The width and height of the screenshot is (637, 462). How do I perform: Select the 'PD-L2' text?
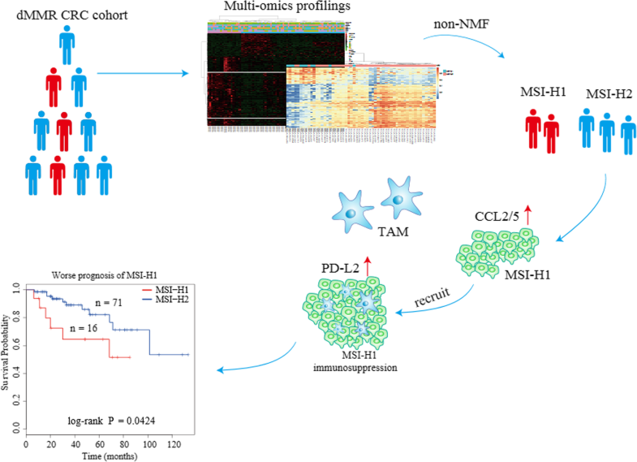[342, 264]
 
